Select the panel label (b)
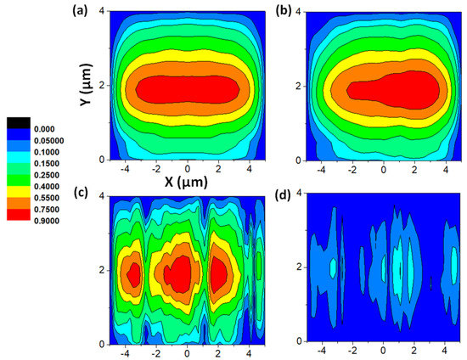click(286, 12)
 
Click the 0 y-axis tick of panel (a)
click(102, 159)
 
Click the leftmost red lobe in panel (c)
click(132, 274)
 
